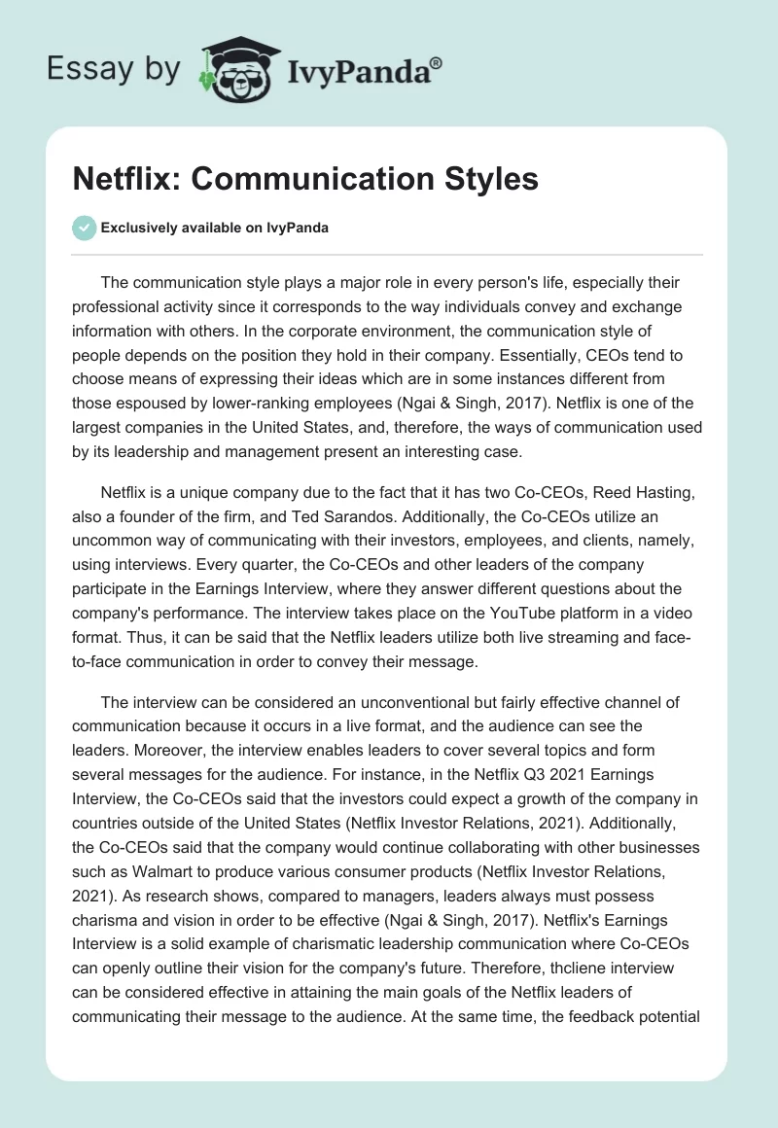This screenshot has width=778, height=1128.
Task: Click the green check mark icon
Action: pyautogui.click(x=85, y=228)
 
